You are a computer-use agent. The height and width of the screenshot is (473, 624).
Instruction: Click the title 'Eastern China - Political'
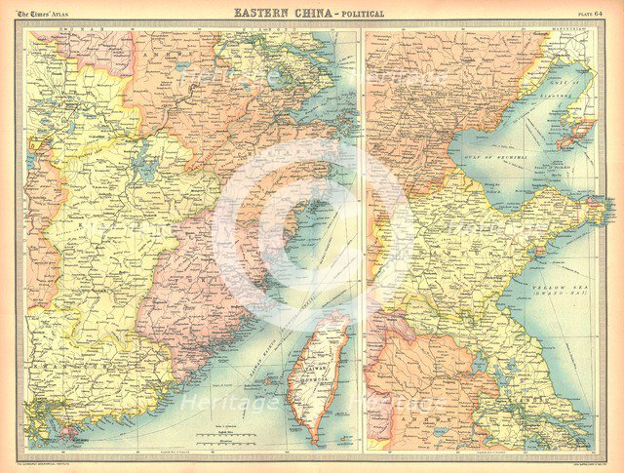tap(309, 13)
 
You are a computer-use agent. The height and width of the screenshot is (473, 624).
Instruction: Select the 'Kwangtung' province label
tap(97, 380)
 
